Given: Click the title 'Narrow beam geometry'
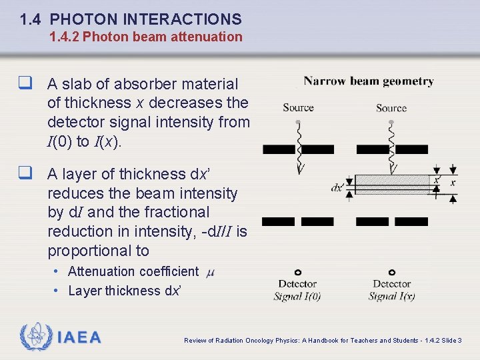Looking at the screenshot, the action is (x=369, y=81).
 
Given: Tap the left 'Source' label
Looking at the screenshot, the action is (x=298, y=108).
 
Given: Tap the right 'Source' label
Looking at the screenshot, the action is (x=391, y=108).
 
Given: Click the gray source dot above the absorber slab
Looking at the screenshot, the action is (x=391, y=122).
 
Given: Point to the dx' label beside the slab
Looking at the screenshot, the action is (x=339, y=188).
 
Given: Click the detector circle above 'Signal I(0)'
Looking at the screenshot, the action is (x=297, y=272).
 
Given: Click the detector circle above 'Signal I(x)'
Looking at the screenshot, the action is (x=391, y=272).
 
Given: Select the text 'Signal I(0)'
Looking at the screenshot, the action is (x=297, y=297).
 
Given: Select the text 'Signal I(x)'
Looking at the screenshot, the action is (x=392, y=297).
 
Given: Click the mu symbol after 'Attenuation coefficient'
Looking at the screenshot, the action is (x=211, y=272).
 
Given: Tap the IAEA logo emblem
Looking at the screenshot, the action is (x=36, y=337).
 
